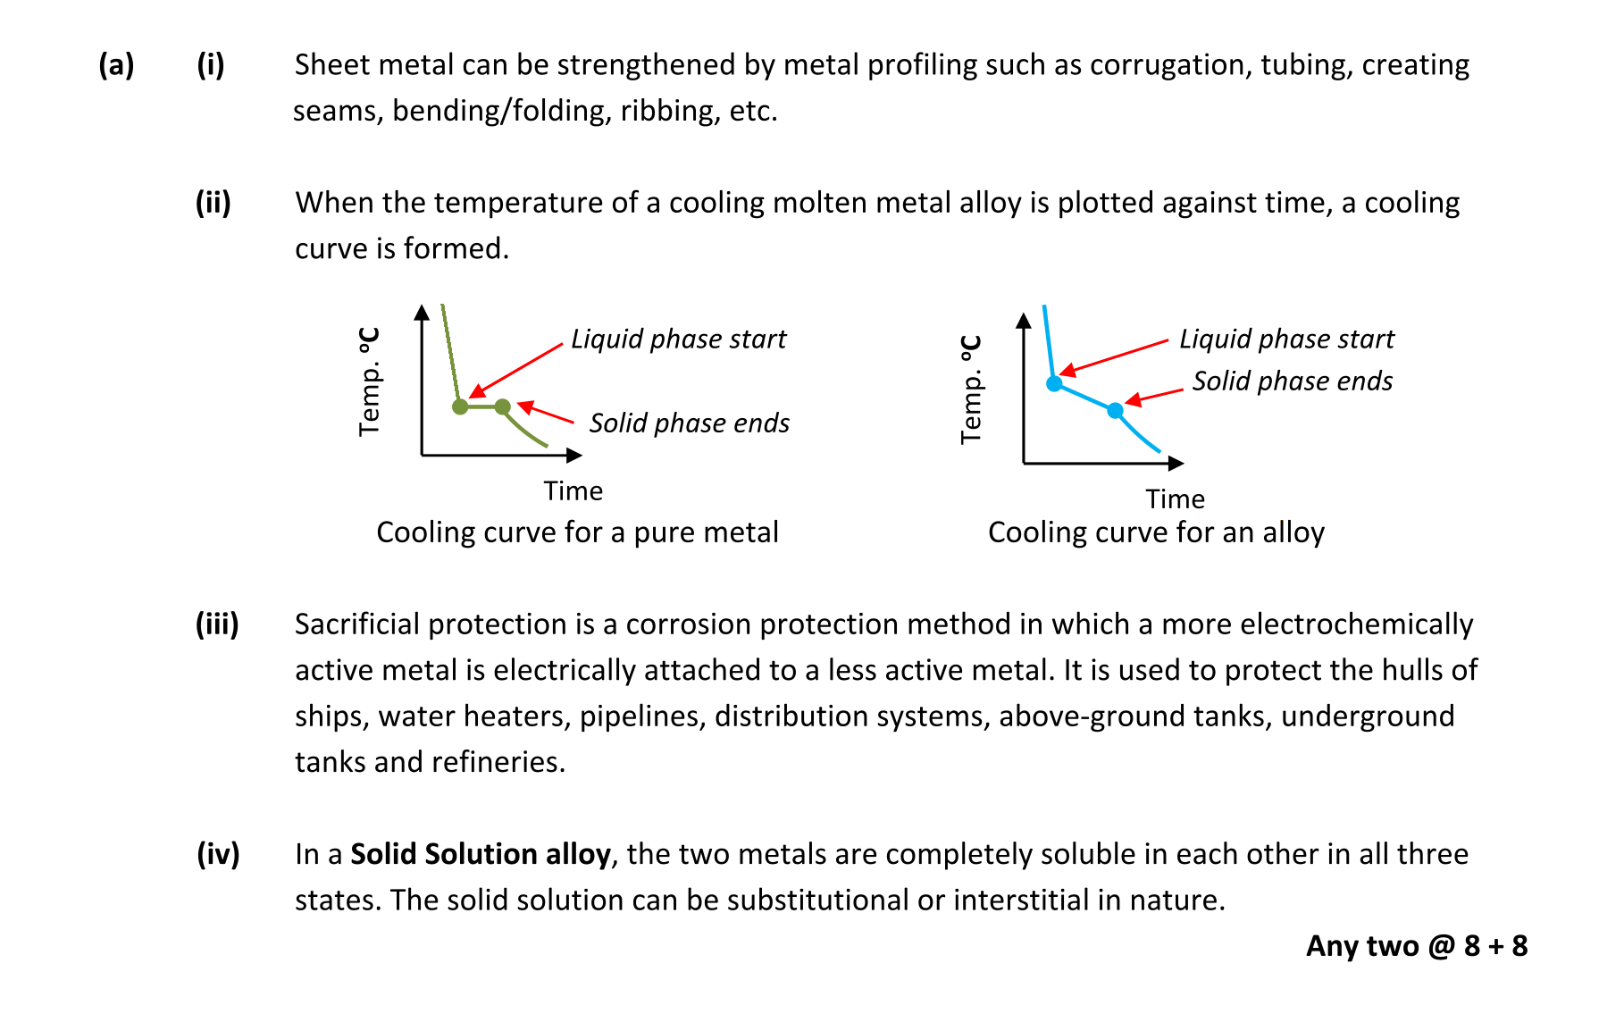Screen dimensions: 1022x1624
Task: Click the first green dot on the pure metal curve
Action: (x=460, y=407)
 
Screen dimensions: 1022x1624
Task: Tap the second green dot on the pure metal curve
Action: (x=503, y=407)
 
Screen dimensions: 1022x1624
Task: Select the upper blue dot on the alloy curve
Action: (x=1054, y=383)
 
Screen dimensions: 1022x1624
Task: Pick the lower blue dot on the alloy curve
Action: (x=1115, y=411)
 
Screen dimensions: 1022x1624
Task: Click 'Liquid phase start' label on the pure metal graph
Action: (x=678, y=339)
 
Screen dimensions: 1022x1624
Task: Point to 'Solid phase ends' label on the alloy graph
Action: (x=1292, y=381)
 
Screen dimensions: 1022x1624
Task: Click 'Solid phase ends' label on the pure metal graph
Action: (x=689, y=423)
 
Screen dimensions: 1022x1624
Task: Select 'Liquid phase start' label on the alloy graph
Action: (x=1286, y=339)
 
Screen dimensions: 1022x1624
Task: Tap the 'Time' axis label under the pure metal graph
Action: (x=573, y=491)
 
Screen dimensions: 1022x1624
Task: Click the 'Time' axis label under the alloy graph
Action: (x=1175, y=499)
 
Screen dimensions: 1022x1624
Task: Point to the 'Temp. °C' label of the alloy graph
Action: (x=971, y=390)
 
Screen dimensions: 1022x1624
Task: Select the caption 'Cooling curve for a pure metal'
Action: (x=577, y=532)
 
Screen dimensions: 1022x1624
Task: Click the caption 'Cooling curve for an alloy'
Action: (x=1156, y=532)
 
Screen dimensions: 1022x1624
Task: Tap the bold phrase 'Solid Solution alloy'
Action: (x=480, y=855)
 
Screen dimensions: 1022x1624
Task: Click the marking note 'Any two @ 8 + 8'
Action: (x=1416, y=946)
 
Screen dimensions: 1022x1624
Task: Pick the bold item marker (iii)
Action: (x=217, y=624)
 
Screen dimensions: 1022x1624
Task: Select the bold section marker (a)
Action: (x=116, y=65)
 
